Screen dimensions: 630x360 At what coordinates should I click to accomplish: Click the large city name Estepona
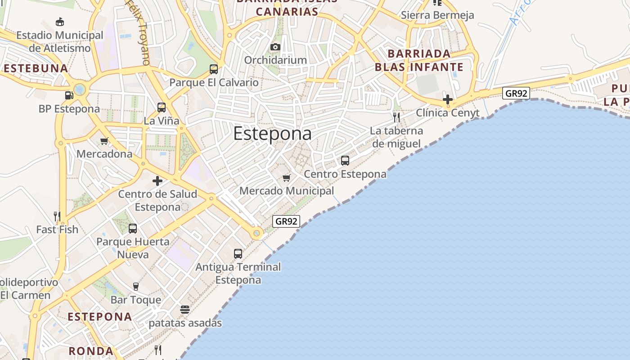click(272, 134)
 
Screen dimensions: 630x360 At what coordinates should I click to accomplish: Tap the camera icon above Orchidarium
click(275, 47)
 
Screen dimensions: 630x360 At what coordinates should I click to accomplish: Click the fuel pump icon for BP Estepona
click(69, 95)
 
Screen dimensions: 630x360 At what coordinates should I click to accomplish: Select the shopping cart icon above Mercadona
click(104, 141)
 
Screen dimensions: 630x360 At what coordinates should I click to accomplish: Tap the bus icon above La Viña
click(162, 108)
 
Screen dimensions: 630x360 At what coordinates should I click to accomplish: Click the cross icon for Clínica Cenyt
click(447, 99)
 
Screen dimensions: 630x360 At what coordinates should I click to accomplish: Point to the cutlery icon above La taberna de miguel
click(396, 117)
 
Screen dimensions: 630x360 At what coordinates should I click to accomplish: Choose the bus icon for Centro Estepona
click(345, 161)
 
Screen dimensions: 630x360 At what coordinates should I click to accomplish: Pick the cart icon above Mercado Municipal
click(286, 178)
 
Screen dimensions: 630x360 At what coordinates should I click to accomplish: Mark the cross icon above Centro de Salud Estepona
click(157, 181)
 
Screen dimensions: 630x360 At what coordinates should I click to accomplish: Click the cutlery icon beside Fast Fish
click(57, 216)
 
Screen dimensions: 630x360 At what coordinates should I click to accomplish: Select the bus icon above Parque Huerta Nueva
click(133, 229)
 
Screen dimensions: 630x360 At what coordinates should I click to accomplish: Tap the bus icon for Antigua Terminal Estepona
click(238, 254)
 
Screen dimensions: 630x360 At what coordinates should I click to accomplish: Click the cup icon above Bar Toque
click(135, 287)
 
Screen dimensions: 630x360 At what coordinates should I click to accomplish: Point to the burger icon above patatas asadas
click(185, 310)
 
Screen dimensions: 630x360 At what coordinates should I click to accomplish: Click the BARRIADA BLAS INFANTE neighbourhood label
click(419, 60)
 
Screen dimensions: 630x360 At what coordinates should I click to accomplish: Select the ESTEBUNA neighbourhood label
click(36, 68)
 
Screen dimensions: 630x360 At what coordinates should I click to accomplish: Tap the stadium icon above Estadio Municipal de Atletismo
click(59, 22)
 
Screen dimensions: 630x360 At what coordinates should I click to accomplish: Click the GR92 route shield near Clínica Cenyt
click(516, 94)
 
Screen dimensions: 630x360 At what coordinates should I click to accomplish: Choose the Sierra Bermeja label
click(437, 15)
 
